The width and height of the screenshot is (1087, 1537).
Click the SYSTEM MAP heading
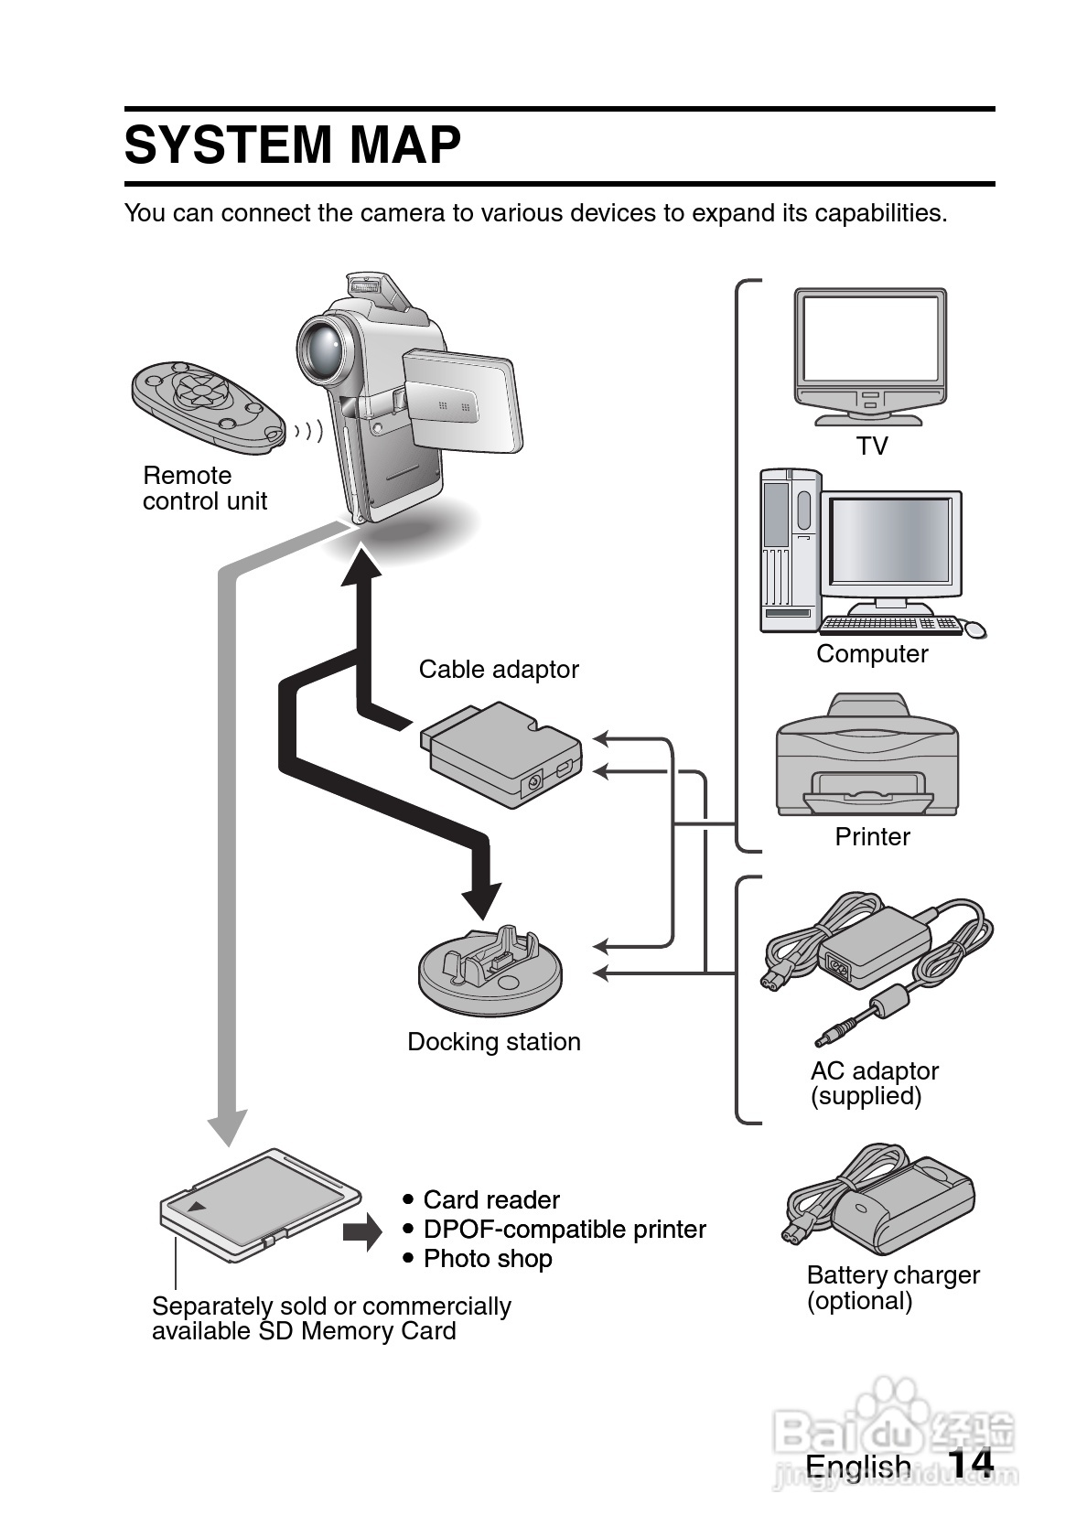[293, 145]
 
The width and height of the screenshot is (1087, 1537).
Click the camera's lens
[323, 347]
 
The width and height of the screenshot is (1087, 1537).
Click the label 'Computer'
[872, 654]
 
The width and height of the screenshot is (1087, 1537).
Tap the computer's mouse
[975, 629]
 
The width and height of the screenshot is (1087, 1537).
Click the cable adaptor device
[501, 754]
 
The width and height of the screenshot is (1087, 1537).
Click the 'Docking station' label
[494, 1042]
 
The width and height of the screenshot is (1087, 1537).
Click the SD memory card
[260, 1202]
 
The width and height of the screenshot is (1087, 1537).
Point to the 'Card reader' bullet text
[491, 1200]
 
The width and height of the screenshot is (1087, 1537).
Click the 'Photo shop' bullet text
[488, 1259]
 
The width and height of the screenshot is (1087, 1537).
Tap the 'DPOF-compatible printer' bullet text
[565, 1230]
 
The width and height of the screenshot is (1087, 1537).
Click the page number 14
[970, 1464]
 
